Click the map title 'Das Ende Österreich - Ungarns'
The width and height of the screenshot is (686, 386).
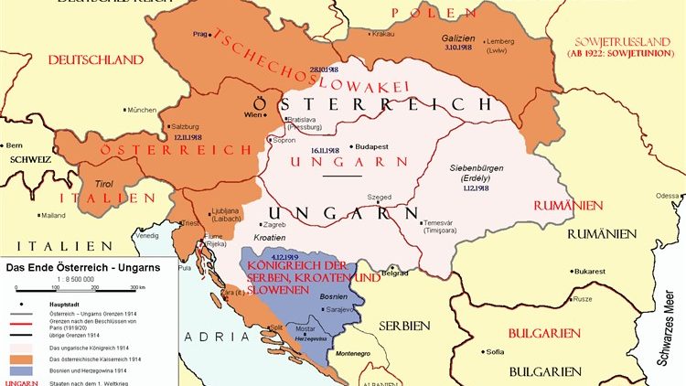(77, 268)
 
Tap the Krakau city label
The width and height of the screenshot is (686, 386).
(381, 34)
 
